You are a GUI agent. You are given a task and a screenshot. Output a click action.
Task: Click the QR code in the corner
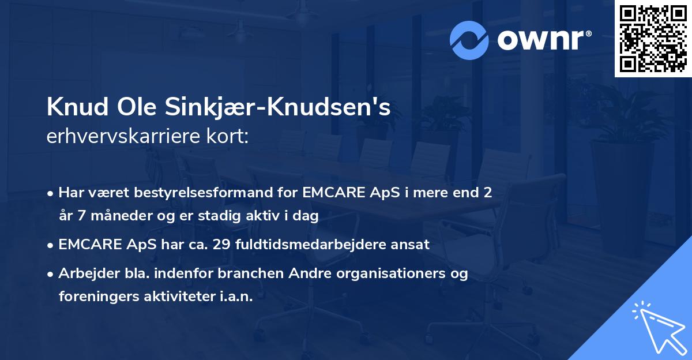point(653,39)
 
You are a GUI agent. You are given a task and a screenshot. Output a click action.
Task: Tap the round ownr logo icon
point(469,40)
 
